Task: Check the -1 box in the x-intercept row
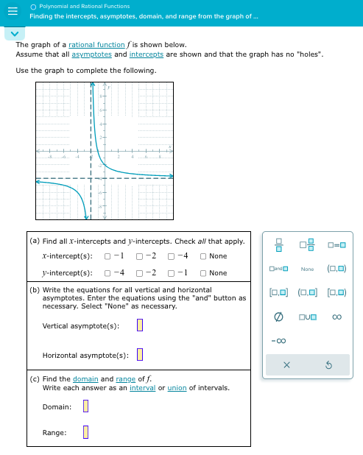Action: (x=108, y=256)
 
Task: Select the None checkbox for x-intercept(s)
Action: (x=202, y=256)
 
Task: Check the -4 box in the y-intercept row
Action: (x=108, y=273)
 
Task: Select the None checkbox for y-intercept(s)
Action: (x=202, y=273)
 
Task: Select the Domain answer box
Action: (x=85, y=406)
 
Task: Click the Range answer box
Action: (x=85, y=432)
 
